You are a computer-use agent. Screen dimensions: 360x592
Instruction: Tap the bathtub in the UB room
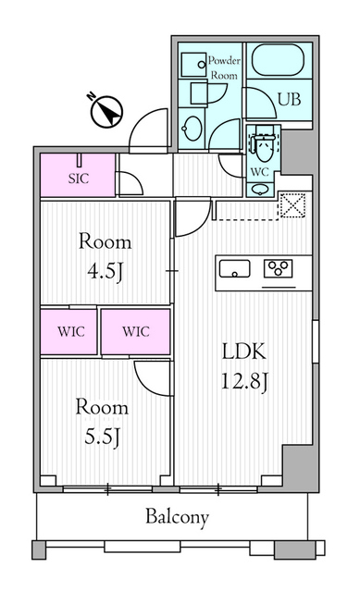point(278,60)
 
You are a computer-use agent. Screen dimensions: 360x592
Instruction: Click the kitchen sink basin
point(234,269)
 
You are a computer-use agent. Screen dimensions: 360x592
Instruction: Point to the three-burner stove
point(278,268)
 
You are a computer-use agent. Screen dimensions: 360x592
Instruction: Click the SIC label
point(79,179)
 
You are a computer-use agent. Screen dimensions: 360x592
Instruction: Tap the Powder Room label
point(224,68)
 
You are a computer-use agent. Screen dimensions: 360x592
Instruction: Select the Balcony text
point(177,517)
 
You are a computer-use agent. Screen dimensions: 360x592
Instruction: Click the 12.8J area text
point(244,380)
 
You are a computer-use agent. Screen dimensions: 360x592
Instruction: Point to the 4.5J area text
point(105,271)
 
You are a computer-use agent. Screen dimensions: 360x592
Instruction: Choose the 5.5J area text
point(102,437)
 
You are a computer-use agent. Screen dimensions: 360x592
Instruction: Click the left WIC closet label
point(71,331)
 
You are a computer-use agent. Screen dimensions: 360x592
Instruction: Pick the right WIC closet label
point(136,331)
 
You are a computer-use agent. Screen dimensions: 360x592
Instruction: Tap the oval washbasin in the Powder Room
point(192,129)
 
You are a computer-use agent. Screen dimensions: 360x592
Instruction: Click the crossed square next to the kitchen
point(292,205)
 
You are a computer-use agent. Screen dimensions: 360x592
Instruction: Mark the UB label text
point(290,99)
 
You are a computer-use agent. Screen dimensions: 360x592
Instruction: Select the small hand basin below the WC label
point(259,189)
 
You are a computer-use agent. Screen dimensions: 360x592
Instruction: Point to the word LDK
point(244,351)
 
